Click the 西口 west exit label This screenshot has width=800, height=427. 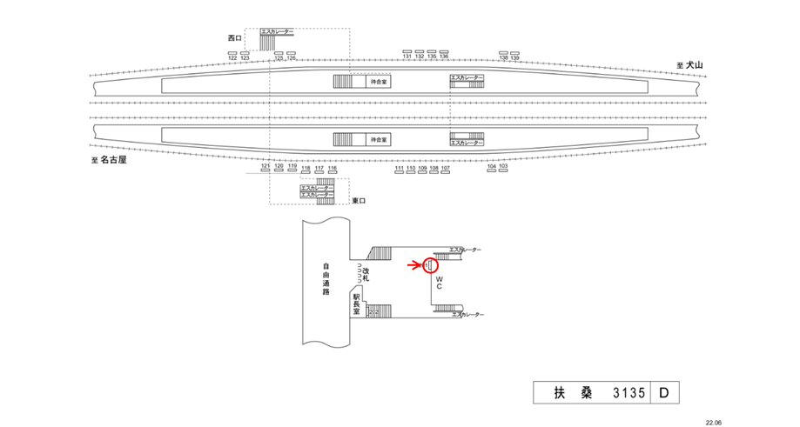pyautogui.click(x=232, y=37)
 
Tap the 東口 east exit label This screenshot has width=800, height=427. pyautogui.click(x=360, y=201)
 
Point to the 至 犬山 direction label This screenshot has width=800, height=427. pyautogui.click(x=689, y=65)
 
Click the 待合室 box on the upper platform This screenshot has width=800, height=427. pyautogui.click(x=379, y=82)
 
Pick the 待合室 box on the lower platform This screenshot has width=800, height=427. pyautogui.click(x=379, y=139)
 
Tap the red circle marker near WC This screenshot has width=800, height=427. pyautogui.click(x=429, y=265)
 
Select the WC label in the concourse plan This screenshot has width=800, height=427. pyautogui.click(x=440, y=283)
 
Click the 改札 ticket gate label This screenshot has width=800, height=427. pyautogui.click(x=366, y=276)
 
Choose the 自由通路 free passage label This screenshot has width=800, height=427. pyautogui.click(x=326, y=278)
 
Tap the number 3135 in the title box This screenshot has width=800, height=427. pyautogui.click(x=628, y=393)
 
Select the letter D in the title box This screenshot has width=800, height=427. pyautogui.click(x=662, y=393)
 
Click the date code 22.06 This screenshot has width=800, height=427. pyautogui.click(x=713, y=421)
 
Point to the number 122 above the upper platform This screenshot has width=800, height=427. pyautogui.click(x=232, y=57)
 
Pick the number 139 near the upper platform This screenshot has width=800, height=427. pyautogui.click(x=514, y=57)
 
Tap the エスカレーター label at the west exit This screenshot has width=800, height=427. pyautogui.click(x=277, y=32)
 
